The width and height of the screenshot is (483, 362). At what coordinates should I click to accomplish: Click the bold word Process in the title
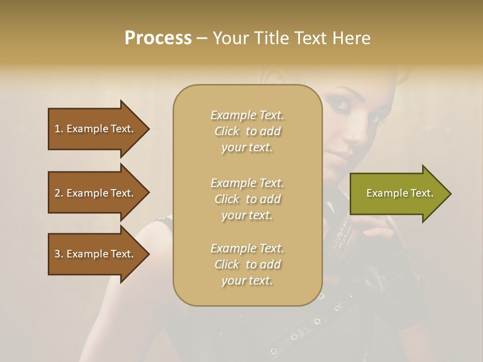pos(158,38)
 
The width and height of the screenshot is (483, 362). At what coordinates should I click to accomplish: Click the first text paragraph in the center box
pos(247,131)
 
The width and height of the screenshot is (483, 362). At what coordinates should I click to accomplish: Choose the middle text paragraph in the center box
pos(247,199)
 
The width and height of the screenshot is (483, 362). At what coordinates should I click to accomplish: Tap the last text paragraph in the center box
pos(247,264)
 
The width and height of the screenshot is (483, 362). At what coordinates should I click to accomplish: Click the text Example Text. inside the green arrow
pos(399,193)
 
